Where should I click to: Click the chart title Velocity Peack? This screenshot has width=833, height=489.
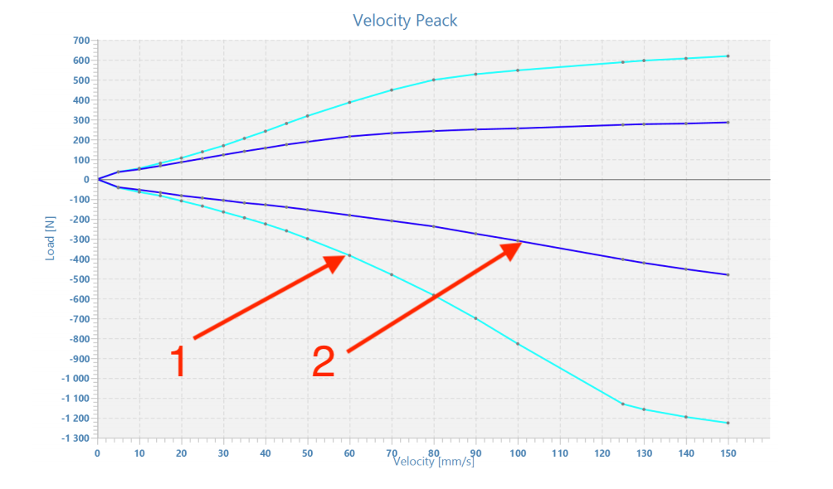coord(405,20)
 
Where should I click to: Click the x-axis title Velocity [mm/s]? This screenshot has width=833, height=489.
coord(433,461)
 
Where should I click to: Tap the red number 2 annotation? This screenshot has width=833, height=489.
coord(324,362)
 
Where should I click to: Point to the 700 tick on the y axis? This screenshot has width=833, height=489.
coord(80,41)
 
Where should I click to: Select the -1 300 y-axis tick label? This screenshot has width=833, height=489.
coord(74,438)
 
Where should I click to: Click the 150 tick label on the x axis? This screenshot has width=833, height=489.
coord(728,453)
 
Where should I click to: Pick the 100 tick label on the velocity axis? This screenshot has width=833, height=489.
coord(518,453)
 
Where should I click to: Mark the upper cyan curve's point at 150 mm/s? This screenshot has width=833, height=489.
coord(728,56)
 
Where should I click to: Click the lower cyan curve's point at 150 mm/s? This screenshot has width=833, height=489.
coord(728,423)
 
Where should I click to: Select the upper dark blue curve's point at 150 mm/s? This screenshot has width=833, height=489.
coord(728,123)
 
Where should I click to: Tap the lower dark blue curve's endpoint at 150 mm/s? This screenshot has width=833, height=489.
coord(728,274)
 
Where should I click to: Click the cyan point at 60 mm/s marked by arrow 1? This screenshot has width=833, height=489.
coord(349,255)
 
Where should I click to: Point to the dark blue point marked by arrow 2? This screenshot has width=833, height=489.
coord(519,241)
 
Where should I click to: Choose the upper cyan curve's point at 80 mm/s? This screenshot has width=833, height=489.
coord(434,80)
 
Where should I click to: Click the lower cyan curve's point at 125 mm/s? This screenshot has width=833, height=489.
coord(623,404)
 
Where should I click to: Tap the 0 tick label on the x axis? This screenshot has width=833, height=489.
coord(97,453)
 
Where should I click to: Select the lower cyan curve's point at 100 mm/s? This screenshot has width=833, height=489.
coord(518,343)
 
